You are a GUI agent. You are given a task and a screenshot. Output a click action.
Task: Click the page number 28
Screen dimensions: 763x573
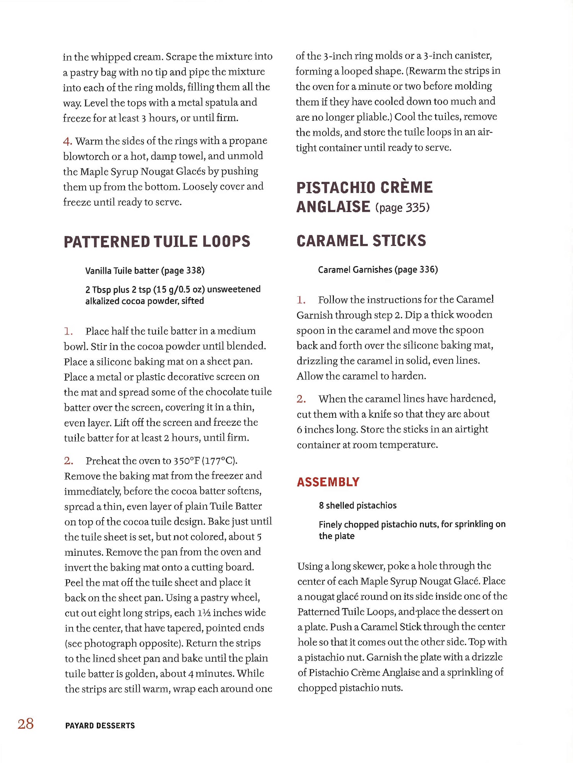point(26,724)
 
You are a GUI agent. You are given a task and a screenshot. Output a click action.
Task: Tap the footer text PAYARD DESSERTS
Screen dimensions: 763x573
point(100,726)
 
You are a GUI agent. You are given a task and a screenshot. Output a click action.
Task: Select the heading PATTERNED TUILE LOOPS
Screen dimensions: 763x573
point(157,242)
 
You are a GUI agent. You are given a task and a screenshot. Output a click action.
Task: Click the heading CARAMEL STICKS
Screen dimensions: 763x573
point(361,241)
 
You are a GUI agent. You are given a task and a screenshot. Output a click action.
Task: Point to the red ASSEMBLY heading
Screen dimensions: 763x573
point(328,482)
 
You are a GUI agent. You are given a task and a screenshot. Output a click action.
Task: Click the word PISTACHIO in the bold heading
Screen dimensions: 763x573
point(336,188)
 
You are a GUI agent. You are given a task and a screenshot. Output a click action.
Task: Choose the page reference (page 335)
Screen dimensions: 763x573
point(402,208)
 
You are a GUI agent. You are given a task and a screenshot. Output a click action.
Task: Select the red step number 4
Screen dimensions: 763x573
point(67,141)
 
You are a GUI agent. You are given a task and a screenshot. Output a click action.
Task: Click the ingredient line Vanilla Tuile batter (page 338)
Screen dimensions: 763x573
point(145,271)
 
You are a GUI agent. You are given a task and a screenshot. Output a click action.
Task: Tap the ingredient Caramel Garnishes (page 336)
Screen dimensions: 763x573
point(378,269)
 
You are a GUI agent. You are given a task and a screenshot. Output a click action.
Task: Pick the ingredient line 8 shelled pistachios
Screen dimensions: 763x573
point(358,505)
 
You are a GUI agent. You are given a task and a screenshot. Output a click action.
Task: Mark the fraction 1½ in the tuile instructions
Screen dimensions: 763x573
point(204,613)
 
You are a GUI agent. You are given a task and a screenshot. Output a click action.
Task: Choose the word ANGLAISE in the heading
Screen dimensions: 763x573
point(333,207)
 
